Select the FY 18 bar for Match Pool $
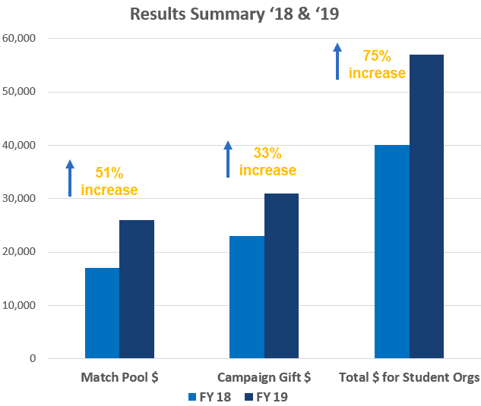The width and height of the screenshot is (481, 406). coord(102,313)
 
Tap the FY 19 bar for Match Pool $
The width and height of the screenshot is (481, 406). coord(137,289)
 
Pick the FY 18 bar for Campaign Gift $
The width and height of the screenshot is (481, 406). coord(247,297)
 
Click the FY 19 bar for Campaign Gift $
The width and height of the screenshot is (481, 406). coord(281,275)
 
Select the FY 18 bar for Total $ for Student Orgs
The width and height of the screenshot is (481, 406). coord(392,251)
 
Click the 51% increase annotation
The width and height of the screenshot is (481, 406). coord(109,181)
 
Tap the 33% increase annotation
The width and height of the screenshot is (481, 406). coord(267,161)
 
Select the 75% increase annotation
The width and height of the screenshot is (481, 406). coord(378,65)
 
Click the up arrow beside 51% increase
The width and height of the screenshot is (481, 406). coord(70,178)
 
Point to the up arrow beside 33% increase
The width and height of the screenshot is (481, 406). coord(227,159)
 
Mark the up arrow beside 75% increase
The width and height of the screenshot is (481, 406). coord(338,61)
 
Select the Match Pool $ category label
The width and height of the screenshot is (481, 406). coord(119,377)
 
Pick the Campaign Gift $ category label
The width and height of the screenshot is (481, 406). coord(264,377)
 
